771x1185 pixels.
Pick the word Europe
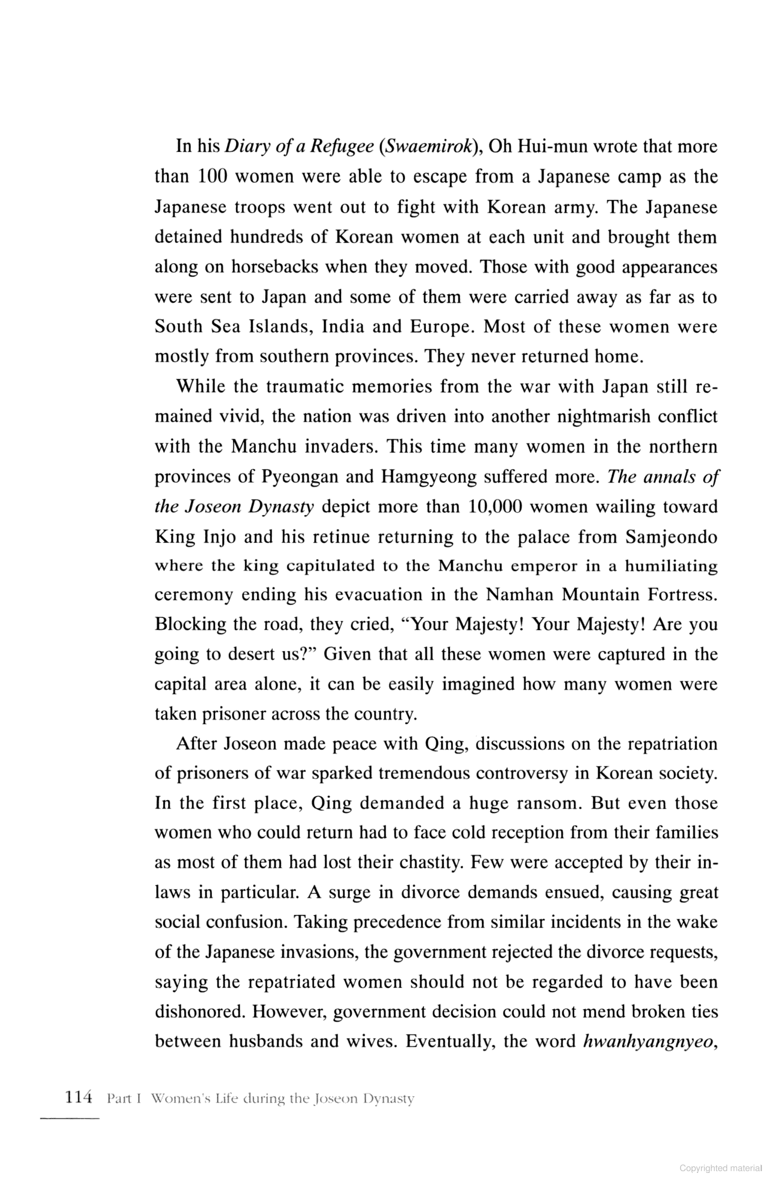(440, 327)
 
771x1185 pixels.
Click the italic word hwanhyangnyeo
(648, 1040)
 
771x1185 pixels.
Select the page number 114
(77, 1098)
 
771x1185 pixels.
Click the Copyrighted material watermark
(720, 1168)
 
